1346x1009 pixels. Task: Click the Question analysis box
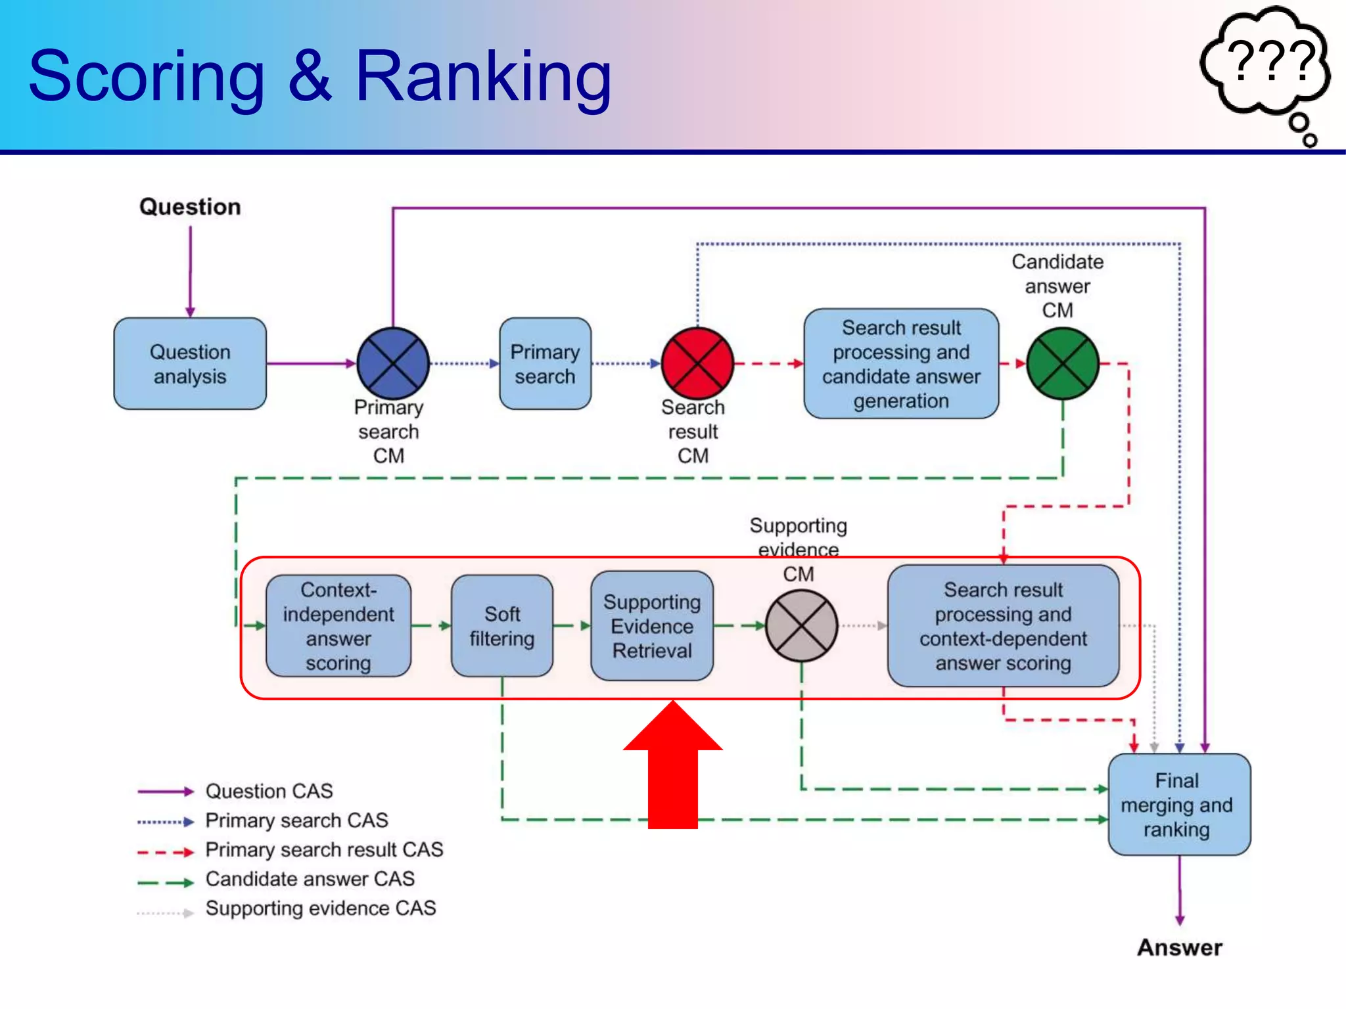click(x=190, y=364)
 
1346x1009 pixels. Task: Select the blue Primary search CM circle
click(x=392, y=363)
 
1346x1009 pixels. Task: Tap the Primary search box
click(x=545, y=364)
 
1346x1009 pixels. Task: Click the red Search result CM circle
click(x=697, y=363)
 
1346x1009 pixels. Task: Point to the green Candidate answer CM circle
click(x=1062, y=363)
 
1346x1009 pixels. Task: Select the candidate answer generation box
click(x=901, y=364)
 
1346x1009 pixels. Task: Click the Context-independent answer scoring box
click(x=338, y=625)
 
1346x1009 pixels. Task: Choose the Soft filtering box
click(x=502, y=625)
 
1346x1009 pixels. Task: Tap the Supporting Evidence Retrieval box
click(x=652, y=625)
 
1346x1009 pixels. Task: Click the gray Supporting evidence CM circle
click(x=801, y=625)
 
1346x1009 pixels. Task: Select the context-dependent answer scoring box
click(x=1003, y=625)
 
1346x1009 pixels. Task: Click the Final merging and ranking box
click(x=1178, y=804)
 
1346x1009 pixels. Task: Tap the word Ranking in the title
click(x=483, y=77)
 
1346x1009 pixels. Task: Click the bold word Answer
click(x=1180, y=947)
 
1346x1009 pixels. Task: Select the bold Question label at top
click(x=190, y=207)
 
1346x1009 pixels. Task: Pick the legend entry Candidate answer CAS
click(x=310, y=879)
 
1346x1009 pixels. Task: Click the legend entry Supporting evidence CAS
click(x=320, y=908)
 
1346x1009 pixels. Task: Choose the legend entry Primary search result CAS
click(x=324, y=850)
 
